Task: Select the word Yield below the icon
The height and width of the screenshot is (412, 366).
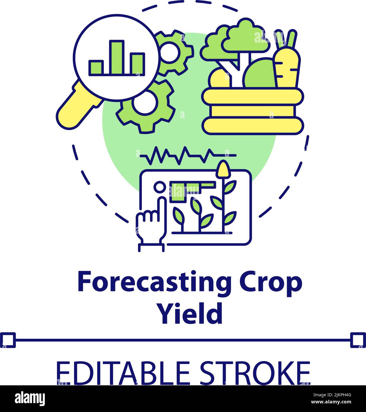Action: (x=190, y=313)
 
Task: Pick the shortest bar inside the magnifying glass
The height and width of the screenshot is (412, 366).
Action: (x=96, y=67)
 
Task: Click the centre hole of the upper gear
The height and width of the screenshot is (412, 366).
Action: (x=169, y=52)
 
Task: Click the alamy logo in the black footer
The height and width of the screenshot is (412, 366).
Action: (x=30, y=398)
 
